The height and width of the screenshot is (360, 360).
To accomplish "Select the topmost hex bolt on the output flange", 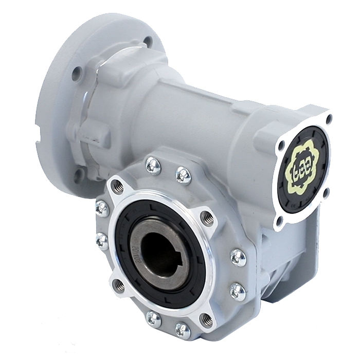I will [153, 165].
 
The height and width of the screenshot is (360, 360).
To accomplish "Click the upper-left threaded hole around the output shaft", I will [117, 185].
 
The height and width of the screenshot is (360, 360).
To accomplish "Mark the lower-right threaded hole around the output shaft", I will [206, 318].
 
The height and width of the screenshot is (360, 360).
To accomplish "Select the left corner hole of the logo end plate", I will [281, 145].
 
